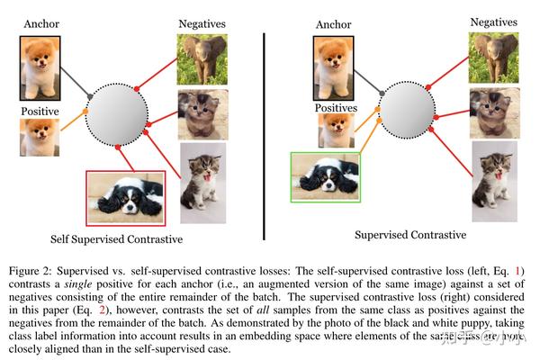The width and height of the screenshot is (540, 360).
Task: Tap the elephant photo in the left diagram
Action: (x=202, y=58)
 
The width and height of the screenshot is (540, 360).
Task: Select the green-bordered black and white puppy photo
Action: (x=325, y=176)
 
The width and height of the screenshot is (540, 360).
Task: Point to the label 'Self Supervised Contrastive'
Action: (x=121, y=239)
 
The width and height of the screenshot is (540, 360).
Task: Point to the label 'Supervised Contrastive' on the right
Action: (x=411, y=235)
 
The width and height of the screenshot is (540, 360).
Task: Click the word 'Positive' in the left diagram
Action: (x=40, y=112)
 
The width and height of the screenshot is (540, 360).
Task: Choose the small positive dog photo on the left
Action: (x=40, y=138)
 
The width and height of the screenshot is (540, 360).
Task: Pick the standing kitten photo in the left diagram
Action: (x=202, y=175)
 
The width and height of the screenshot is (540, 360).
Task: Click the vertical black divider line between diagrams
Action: (x=263, y=135)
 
